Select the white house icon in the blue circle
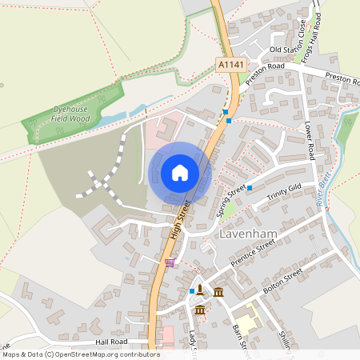180,173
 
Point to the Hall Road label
111,342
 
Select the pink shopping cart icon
169,262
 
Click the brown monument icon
199,290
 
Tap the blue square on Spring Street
250,188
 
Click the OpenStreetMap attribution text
81,354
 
